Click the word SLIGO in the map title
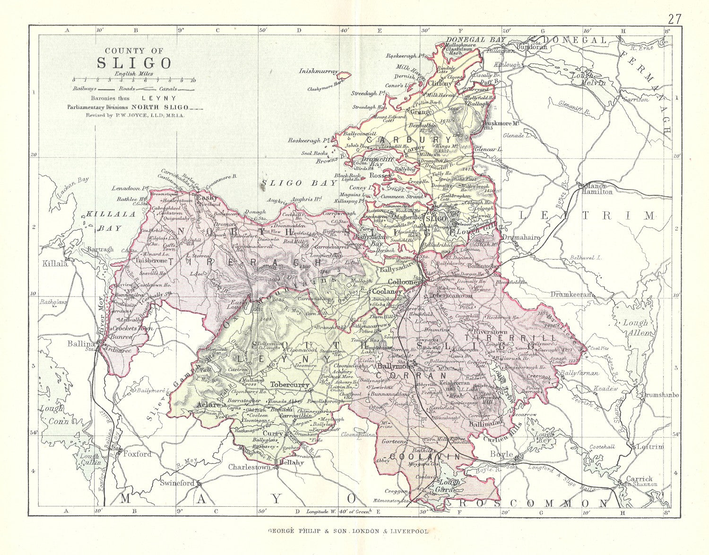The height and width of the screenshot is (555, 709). (x=134, y=63)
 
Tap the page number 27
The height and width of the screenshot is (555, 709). (x=674, y=19)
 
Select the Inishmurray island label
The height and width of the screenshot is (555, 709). (x=319, y=71)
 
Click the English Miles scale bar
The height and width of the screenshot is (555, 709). (x=133, y=80)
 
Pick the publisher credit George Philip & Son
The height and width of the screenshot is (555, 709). (x=348, y=531)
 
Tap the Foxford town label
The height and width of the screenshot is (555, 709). (x=137, y=454)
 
